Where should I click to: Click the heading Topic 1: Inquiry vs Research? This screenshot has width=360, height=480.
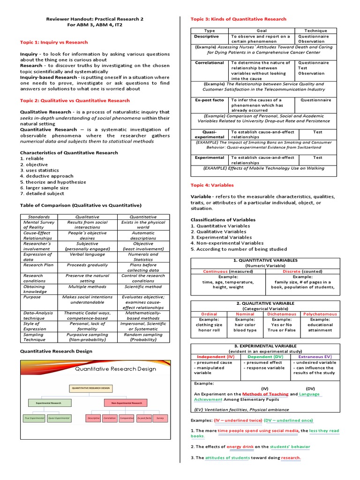53,42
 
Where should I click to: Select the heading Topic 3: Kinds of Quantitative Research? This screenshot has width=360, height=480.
238,19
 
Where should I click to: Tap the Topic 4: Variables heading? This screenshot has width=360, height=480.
212,185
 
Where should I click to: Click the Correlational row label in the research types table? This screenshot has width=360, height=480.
210,63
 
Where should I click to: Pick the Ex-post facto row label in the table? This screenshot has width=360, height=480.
210,100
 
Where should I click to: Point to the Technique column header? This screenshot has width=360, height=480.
315,30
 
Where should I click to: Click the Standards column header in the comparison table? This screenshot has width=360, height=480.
39,217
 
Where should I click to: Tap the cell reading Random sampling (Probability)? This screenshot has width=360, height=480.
143,337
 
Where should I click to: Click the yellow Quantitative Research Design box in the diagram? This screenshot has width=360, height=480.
91,388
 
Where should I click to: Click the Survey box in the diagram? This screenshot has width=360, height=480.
160,418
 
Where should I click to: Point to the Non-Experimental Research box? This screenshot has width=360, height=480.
127,403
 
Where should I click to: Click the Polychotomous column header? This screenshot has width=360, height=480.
320,314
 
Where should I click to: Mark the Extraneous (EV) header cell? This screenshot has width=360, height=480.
315,357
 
